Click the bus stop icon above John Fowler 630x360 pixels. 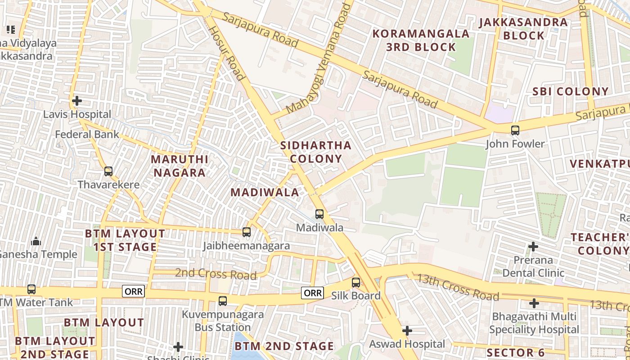coord(515,130)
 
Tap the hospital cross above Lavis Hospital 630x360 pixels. coord(77,101)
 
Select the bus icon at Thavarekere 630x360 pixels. coord(108,171)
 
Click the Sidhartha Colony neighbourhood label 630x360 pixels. coord(315,152)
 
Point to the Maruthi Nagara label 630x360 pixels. coord(180,166)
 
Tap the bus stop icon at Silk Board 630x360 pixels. coord(355,283)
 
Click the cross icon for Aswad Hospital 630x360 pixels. coord(407,331)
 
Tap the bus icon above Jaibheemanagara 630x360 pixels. coord(246,232)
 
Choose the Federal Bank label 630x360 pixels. coord(87,134)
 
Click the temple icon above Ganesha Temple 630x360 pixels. coord(36,242)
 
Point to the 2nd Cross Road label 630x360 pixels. coord(216,274)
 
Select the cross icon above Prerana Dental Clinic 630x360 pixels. coord(533,247)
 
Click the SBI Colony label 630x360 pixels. coord(570,91)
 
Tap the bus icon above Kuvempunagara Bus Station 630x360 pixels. coord(222,301)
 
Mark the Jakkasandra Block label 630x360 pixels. coord(523,29)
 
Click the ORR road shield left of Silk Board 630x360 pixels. coord(313,293)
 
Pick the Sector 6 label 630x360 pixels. coord(516,352)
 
